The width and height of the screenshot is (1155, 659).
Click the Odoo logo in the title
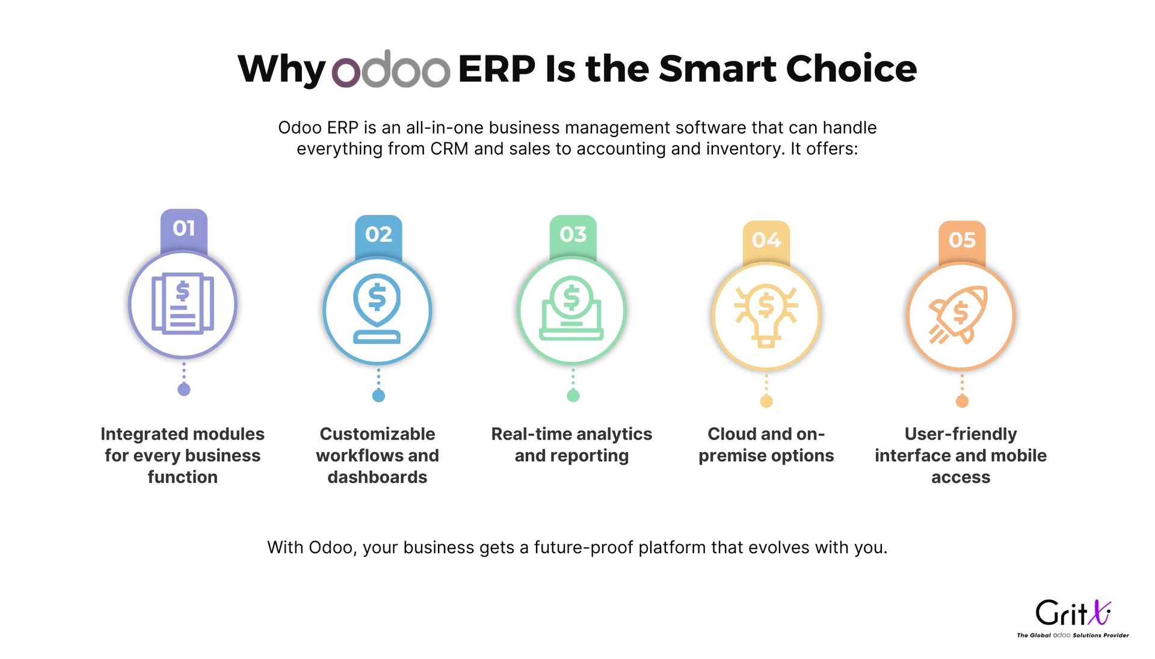(x=391, y=69)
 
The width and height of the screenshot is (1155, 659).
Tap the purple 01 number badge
(x=184, y=230)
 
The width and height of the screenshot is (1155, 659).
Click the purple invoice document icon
(x=183, y=304)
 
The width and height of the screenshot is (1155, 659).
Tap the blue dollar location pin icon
(x=377, y=308)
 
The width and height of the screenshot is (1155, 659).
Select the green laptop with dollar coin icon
(x=571, y=308)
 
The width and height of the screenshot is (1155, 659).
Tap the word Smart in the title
(x=718, y=69)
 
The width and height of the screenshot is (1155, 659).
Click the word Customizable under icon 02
(x=377, y=434)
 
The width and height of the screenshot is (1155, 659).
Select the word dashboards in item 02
(x=377, y=477)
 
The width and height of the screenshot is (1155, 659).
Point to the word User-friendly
(x=961, y=434)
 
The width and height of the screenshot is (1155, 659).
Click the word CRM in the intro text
(x=449, y=149)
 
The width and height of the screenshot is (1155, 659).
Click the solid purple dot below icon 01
(x=184, y=390)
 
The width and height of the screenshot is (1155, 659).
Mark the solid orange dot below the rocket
(x=962, y=401)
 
